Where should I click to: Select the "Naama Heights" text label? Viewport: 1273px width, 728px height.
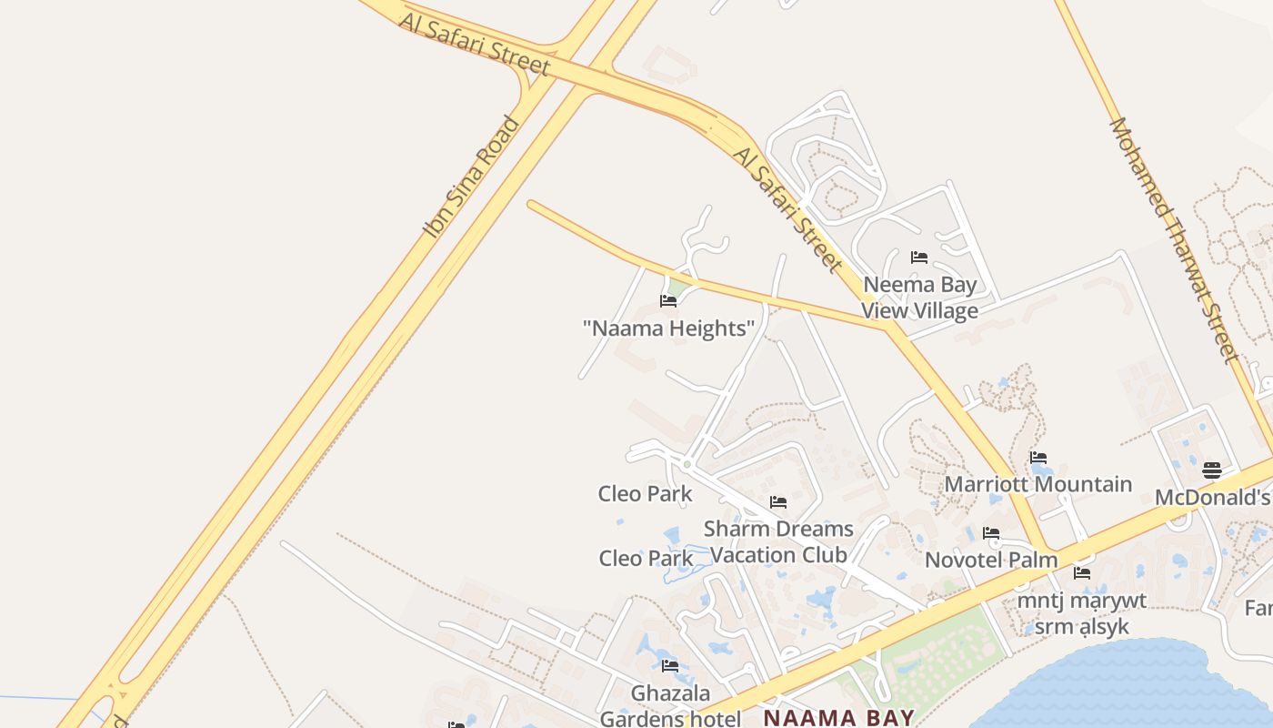668,329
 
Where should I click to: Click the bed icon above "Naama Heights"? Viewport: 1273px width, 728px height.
668,301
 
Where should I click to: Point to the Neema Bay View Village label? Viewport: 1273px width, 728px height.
920,298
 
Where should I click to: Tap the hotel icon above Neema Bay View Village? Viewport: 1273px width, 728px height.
919,258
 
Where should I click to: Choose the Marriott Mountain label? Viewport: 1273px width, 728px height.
1037,484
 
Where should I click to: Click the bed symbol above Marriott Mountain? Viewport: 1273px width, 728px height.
1037,458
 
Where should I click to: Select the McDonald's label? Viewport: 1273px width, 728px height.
1212,498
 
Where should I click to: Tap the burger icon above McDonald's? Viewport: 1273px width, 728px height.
1212,470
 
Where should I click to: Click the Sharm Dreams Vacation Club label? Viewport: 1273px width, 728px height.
778,541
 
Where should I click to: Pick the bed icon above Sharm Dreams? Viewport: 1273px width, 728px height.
777,502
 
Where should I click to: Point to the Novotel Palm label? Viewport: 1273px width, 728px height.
991,560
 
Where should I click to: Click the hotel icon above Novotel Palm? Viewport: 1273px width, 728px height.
991,533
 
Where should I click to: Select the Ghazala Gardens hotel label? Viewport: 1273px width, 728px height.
670,706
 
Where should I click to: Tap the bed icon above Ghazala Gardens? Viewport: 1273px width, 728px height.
670,666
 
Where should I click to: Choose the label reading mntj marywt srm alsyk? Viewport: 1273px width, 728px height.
1082,613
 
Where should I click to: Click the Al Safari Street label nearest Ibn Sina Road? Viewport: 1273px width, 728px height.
475,43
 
